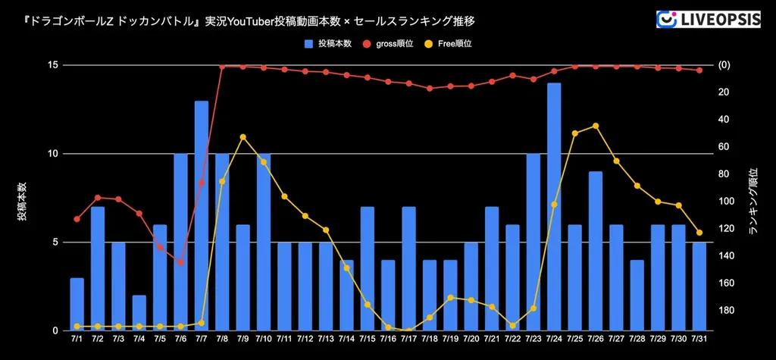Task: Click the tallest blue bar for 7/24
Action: [554, 207]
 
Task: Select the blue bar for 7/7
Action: [202, 216]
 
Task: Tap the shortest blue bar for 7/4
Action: [139, 313]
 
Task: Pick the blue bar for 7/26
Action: [596, 251]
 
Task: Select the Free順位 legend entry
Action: [452, 44]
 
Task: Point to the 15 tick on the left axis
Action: [54, 65]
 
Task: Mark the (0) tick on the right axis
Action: [724, 65]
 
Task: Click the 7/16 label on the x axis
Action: [388, 339]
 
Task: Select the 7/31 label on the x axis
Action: [699, 339]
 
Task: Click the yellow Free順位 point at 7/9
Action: [242, 137]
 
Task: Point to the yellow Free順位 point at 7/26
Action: [596, 126]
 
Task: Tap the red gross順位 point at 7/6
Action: [180, 262]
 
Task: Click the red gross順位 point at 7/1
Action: [77, 219]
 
